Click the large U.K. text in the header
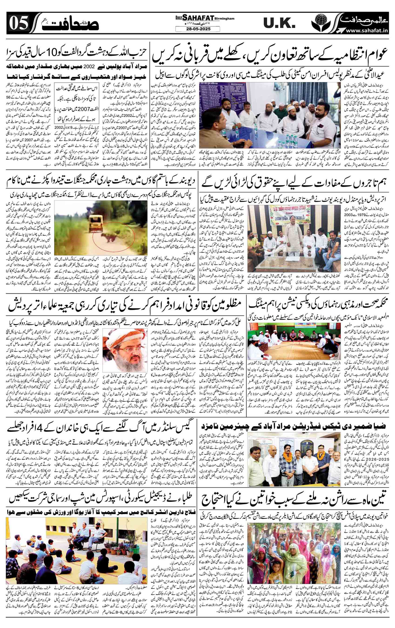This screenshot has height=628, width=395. (279, 23)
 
